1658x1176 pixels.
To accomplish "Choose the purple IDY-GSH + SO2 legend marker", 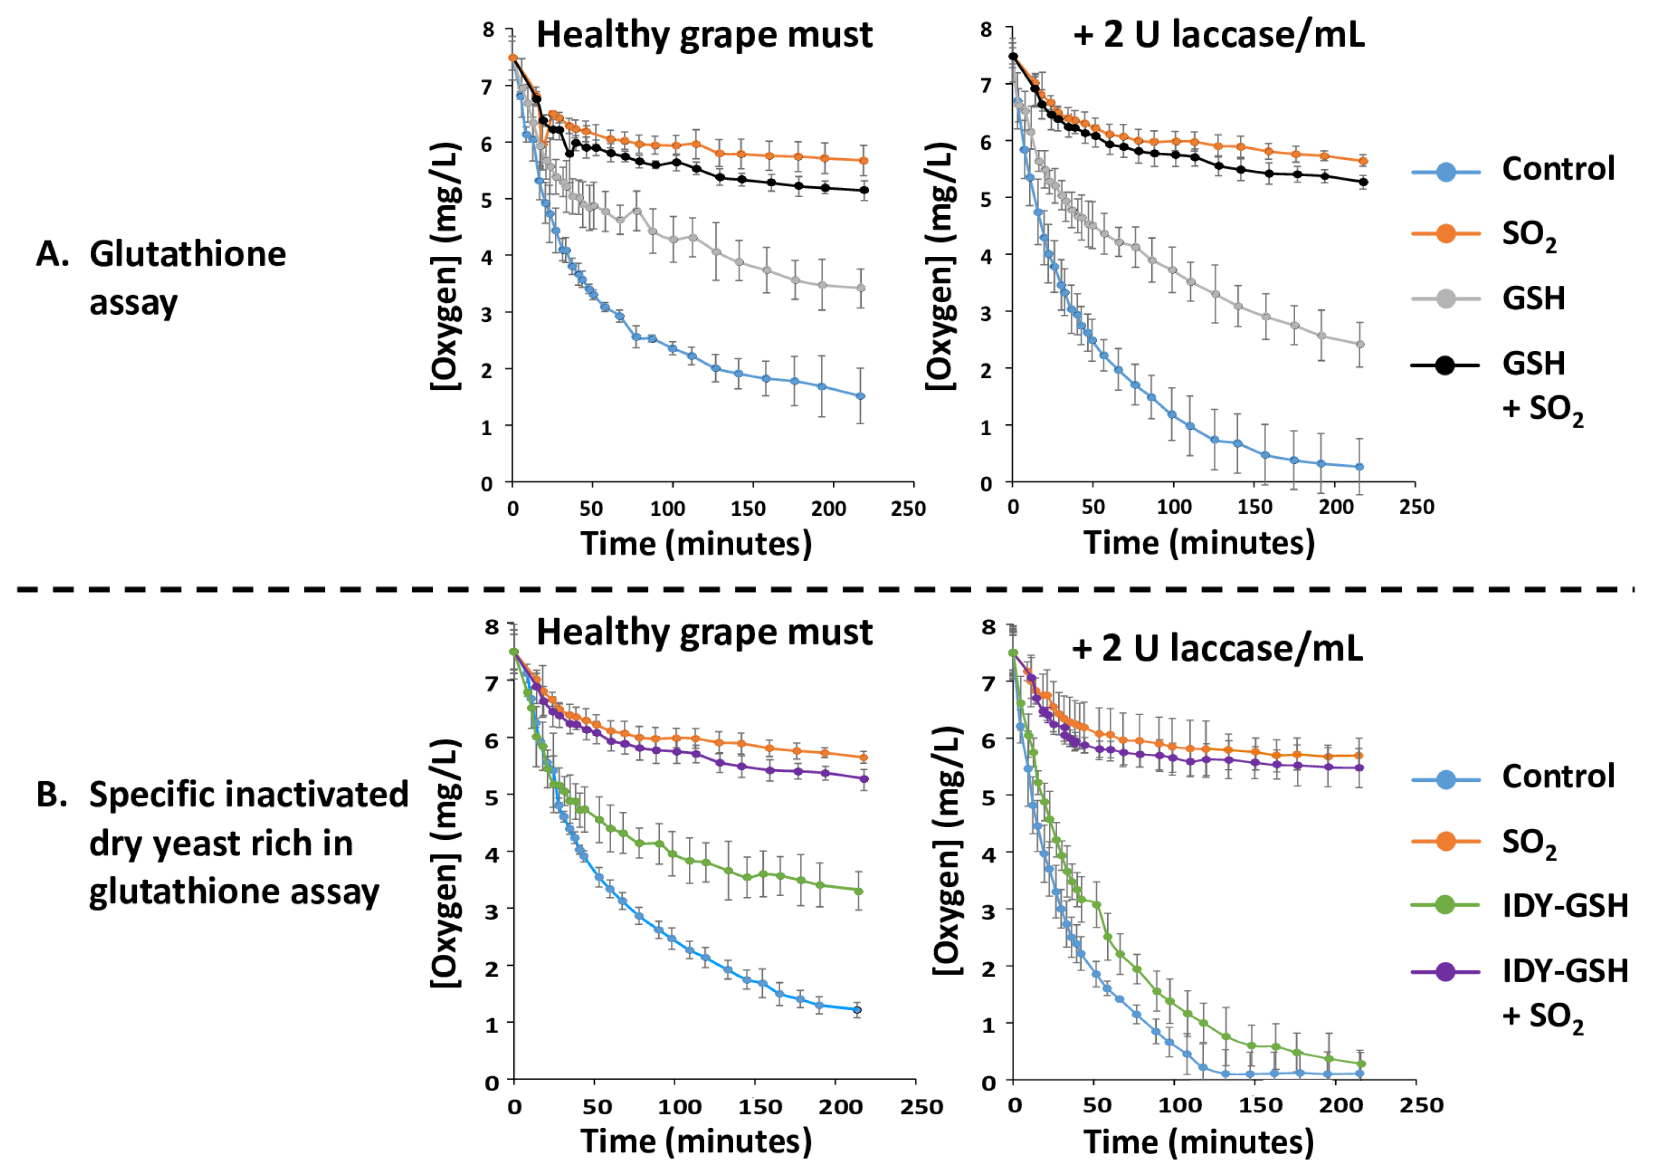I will point(1445,971).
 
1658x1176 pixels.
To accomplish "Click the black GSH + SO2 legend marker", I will point(1445,365).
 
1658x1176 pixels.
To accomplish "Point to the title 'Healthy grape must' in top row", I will point(704,34).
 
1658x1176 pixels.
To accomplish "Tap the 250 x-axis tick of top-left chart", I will point(908,509).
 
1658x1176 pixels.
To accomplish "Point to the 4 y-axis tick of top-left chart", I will point(487,256).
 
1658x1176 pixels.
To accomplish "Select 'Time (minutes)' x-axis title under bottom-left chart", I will point(695,1142).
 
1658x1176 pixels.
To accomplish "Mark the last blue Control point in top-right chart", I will point(1359,467).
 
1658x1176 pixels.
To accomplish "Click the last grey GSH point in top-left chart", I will point(861,287).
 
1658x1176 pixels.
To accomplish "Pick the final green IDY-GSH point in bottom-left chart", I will point(859,891).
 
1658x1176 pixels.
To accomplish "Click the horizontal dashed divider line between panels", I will point(825,590).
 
